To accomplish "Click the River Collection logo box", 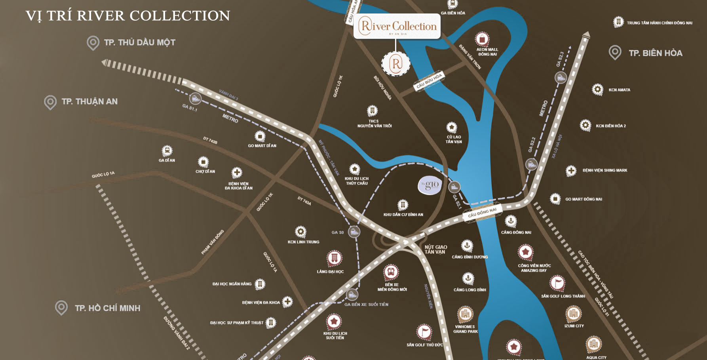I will [397, 27].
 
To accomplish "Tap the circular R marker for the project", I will [396, 63].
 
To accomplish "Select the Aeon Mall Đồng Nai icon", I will [482, 39].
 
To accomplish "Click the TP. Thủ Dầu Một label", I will [139, 42].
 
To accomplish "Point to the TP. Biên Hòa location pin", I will [615, 52].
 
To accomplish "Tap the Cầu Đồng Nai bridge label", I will [482, 213].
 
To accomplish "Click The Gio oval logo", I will [430, 185].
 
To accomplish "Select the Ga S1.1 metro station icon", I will [195, 98].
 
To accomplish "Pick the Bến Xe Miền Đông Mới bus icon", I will [391, 272].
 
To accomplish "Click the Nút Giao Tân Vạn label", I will [435, 249].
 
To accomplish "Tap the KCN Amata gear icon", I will [597, 90].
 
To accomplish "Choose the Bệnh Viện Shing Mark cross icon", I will [571, 170].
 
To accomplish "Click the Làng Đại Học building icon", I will [334, 258].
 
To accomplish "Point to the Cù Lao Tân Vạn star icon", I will [452, 128].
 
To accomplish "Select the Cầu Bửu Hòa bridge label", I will [428, 81].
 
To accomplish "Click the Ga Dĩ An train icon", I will [167, 150].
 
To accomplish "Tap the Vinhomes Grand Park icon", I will [465, 314].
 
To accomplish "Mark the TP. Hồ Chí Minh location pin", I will [61, 308].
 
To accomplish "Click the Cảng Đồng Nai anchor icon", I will [511, 221].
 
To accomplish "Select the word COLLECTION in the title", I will [180, 16].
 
